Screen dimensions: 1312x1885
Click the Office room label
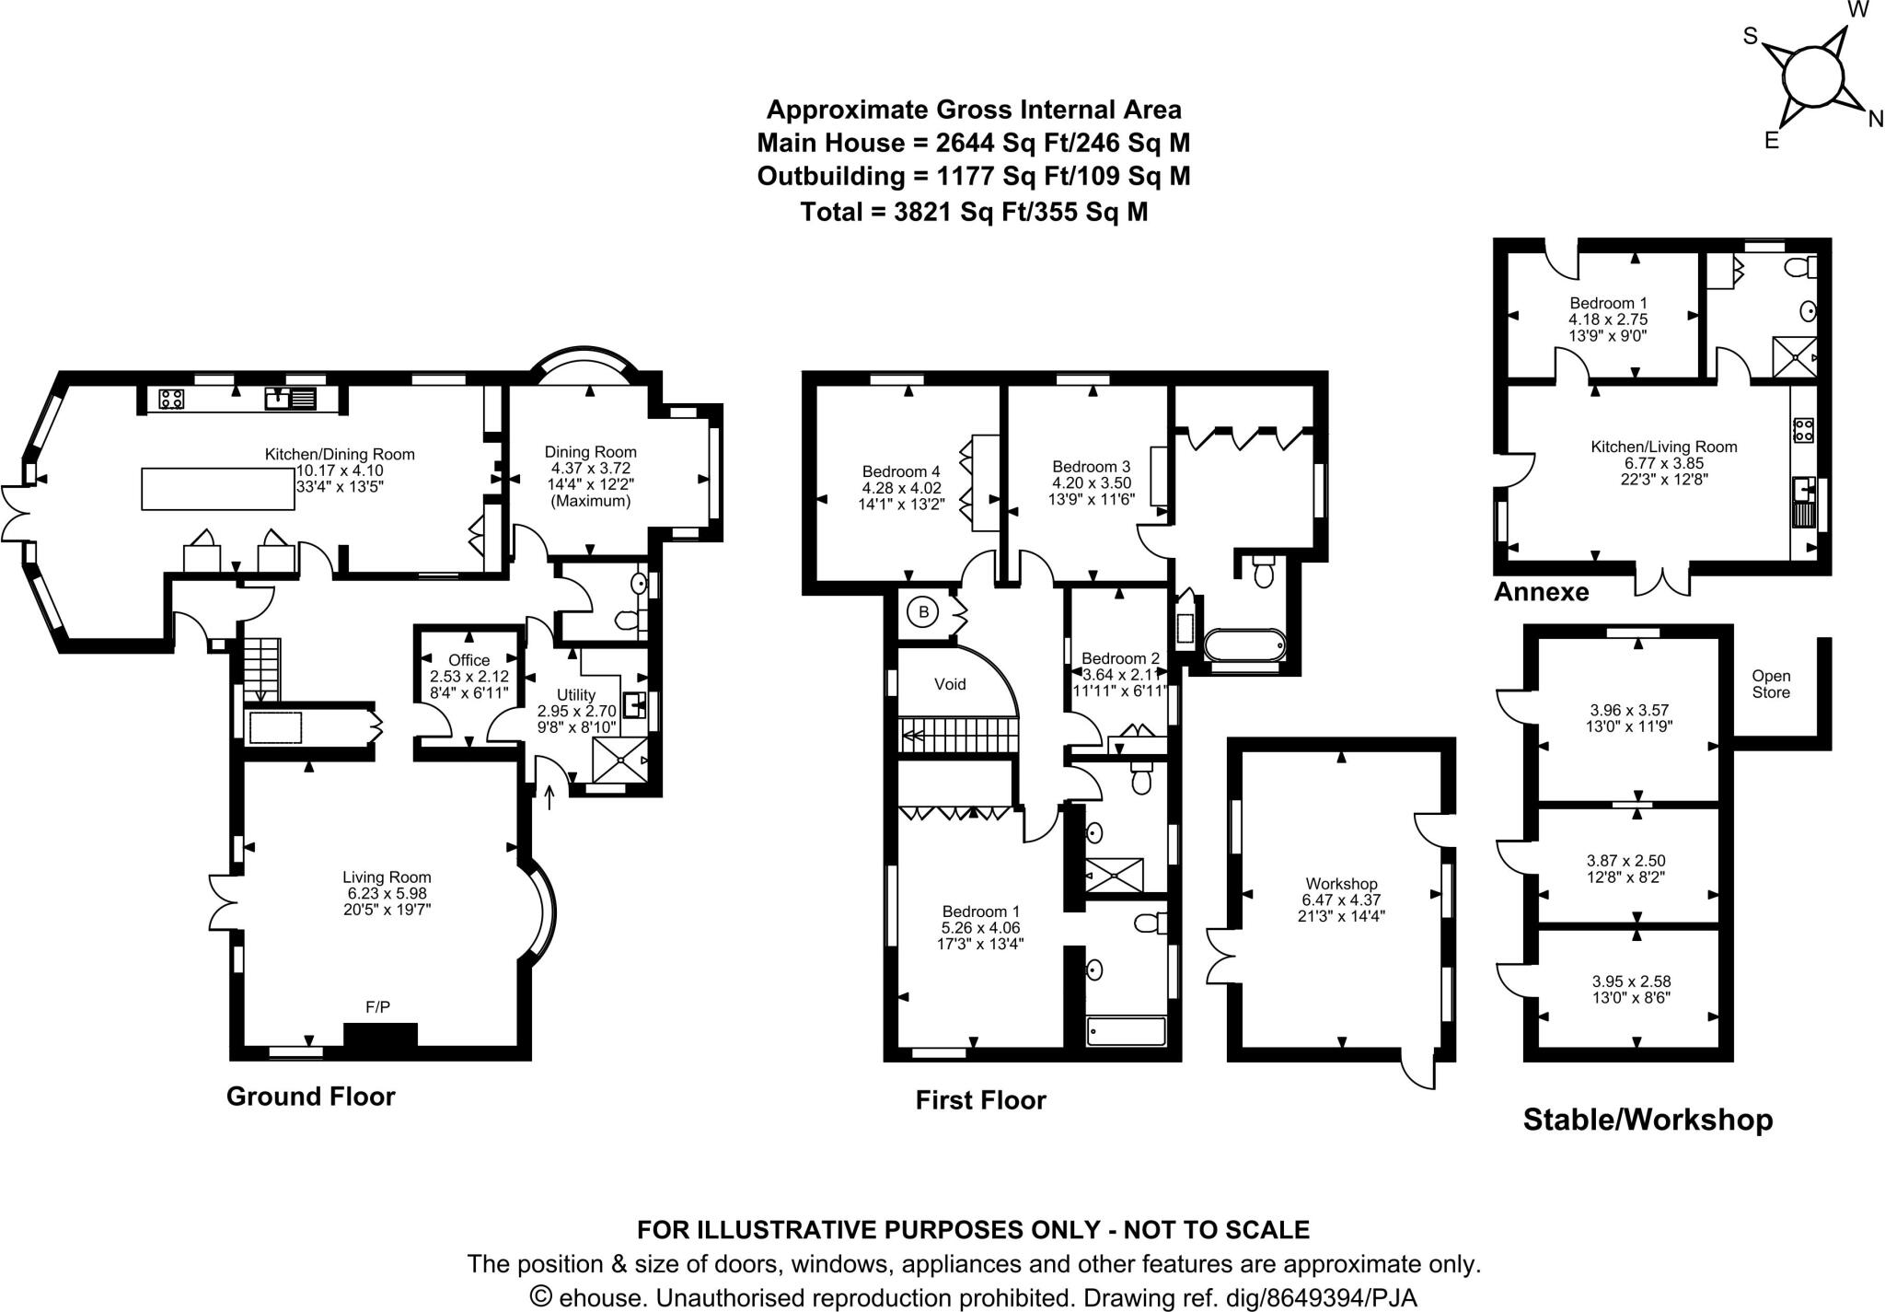click(x=468, y=660)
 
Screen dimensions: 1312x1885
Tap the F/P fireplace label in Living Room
click(x=377, y=1007)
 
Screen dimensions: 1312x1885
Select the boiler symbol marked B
click(x=923, y=610)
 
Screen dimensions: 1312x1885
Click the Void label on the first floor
click(x=950, y=684)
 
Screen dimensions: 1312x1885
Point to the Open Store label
click(x=1771, y=684)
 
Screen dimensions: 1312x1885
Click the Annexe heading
click(x=1541, y=592)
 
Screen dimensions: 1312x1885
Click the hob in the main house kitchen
click(x=171, y=399)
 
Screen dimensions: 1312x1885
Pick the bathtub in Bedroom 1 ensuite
click(x=1126, y=1030)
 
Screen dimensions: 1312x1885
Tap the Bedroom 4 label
click(x=901, y=471)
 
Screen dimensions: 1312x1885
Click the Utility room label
click(x=576, y=694)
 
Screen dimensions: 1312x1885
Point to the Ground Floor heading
click(x=310, y=1097)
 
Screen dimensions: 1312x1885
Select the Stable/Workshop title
click(x=1648, y=1120)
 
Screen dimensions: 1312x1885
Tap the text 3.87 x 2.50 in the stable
click(x=1625, y=860)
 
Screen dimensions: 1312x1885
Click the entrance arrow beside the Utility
click(x=549, y=795)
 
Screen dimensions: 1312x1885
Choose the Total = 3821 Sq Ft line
click(x=974, y=212)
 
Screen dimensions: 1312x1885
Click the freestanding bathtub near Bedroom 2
click(x=1243, y=644)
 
